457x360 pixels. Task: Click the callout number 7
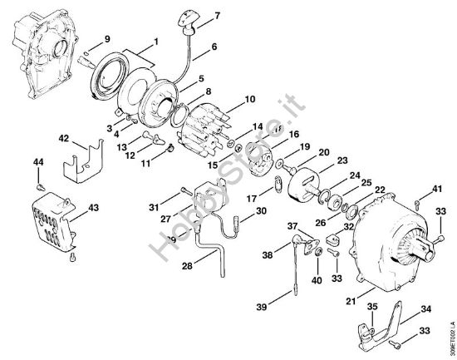217,16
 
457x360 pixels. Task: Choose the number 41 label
436,190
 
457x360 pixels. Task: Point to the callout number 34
427,308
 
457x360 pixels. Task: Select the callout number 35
373,308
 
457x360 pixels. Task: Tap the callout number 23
342,160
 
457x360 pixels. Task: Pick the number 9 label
106,40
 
